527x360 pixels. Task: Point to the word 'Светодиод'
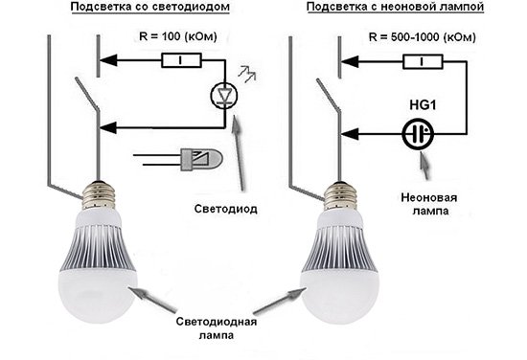point(229,208)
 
